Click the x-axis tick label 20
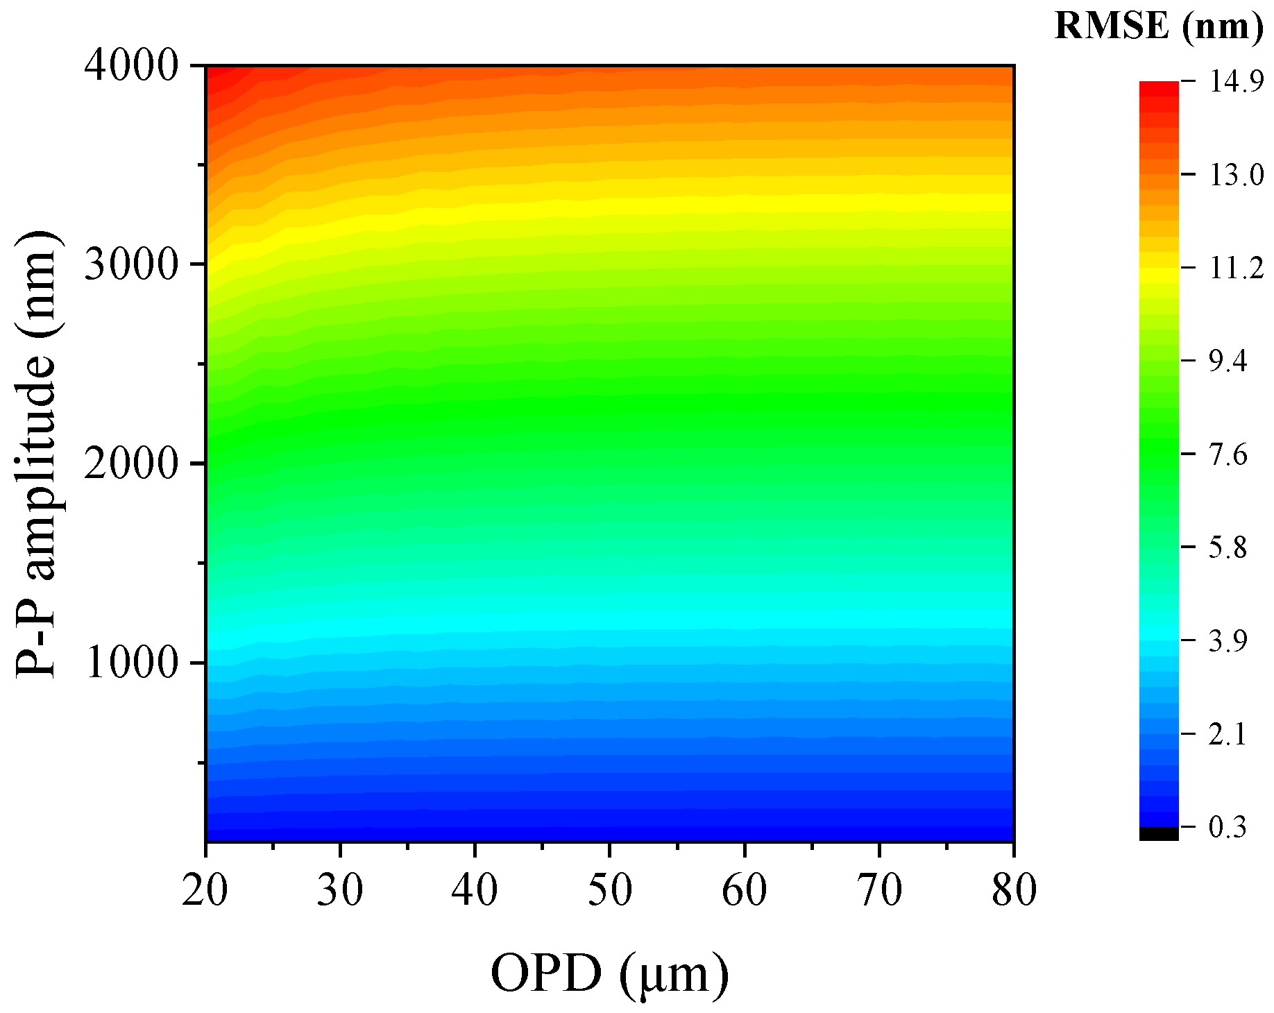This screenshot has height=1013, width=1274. pos(205,891)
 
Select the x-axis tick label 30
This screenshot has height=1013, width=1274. pos(340,891)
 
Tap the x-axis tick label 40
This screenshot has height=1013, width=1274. pos(475,891)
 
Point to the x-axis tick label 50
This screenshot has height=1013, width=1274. pos(610,891)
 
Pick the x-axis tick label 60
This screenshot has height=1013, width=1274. pos(745,891)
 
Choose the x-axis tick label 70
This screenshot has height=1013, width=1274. pos(879,891)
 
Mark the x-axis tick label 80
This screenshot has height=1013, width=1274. pos(1014,891)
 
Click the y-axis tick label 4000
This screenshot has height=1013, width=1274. pos(132,66)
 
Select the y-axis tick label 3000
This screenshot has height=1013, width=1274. pos(132,265)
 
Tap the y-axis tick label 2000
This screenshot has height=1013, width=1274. pos(132,464)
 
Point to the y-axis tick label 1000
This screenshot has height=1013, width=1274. pos(132,663)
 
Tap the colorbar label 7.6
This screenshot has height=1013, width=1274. pos(1228,455)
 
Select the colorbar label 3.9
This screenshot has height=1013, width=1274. pos(1228,640)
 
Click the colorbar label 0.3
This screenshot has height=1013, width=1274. pos(1228,827)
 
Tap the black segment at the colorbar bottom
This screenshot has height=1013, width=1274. pos(1159,833)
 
